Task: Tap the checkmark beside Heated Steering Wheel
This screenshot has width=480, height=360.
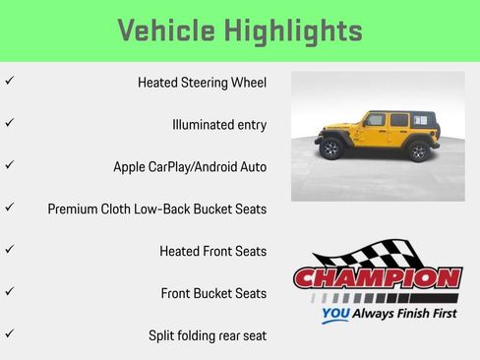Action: [9, 82]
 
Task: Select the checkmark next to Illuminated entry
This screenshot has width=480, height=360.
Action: [9, 124]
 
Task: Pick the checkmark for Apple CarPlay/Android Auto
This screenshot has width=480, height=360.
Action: [9, 165]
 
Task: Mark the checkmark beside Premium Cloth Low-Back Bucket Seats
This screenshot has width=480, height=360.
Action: [9, 208]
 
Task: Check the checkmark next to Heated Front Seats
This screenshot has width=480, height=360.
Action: [9, 250]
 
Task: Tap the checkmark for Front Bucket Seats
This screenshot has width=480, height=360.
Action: [9, 292]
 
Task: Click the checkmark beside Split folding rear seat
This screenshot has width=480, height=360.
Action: [9, 334]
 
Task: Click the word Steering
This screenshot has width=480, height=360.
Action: [206, 83]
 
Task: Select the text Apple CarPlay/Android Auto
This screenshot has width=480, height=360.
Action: [190, 167]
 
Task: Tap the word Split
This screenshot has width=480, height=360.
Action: [164, 335]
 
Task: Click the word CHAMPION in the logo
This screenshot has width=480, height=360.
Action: [378, 278]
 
